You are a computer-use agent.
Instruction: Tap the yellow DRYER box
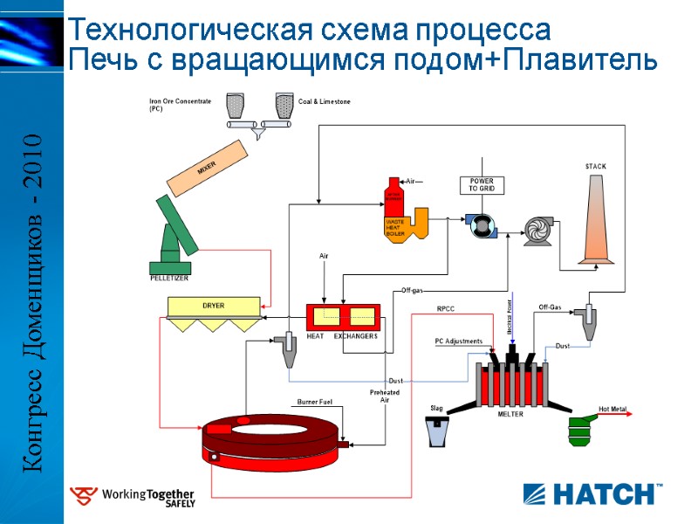click(x=214, y=307)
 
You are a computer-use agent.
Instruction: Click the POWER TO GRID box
click(x=482, y=185)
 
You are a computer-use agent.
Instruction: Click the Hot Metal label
click(x=612, y=409)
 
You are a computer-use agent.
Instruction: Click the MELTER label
click(x=510, y=415)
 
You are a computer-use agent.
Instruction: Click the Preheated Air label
click(x=385, y=396)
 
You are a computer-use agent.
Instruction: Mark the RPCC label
click(x=446, y=309)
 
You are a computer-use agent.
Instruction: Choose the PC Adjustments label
click(x=458, y=341)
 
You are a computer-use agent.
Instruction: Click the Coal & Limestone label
click(x=325, y=102)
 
